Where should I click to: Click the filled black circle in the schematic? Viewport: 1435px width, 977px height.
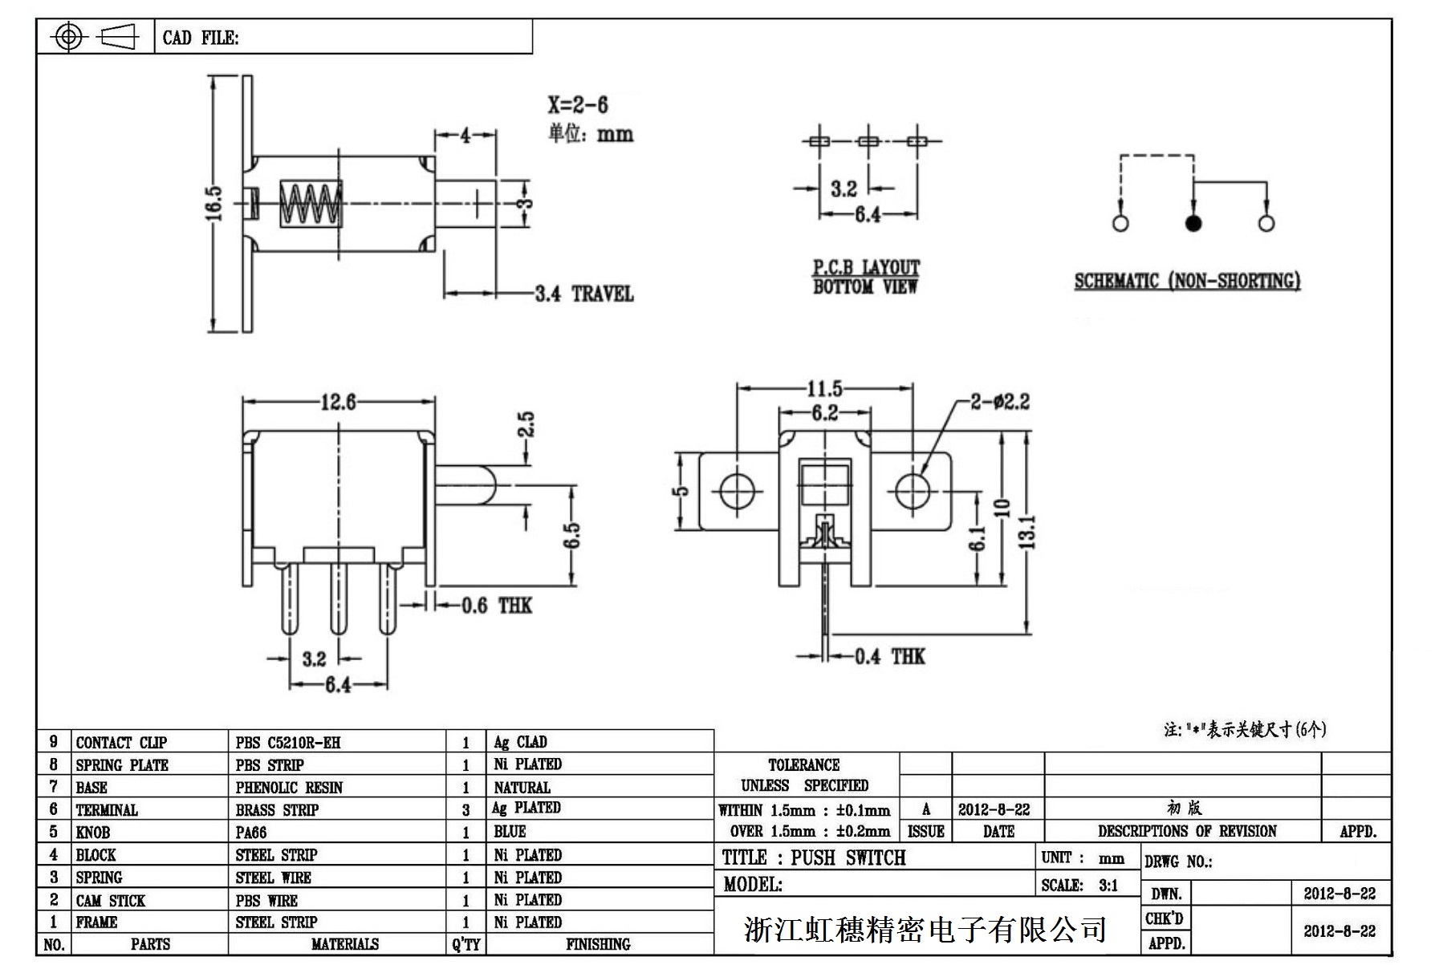[x=1193, y=223]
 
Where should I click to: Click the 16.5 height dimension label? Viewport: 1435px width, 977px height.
[x=213, y=204]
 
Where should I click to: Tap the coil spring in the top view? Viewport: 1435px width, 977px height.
[x=311, y=204]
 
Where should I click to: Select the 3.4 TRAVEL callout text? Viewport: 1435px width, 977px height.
[x=584, y=294]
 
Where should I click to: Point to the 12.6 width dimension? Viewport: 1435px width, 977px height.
[x=338, y=401]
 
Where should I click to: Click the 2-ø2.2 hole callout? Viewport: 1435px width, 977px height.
[x=999, y=401]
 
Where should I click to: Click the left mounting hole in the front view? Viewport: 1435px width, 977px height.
[x=738, y=490]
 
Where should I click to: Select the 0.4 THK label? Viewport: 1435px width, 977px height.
[x=889, y=657]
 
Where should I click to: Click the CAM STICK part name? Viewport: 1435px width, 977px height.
[x=111, y=901]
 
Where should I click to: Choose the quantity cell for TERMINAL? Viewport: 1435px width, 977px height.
[x=465, y=810]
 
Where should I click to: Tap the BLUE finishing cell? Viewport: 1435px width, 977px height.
[x=510, y=832]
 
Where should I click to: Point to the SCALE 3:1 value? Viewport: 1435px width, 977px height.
[x=1108, y=886]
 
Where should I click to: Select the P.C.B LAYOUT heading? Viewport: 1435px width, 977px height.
[x=866, y=268]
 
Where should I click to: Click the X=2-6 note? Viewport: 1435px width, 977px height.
[x=578, y=105]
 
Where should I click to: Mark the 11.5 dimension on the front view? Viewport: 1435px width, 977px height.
[x=824, y=389]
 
